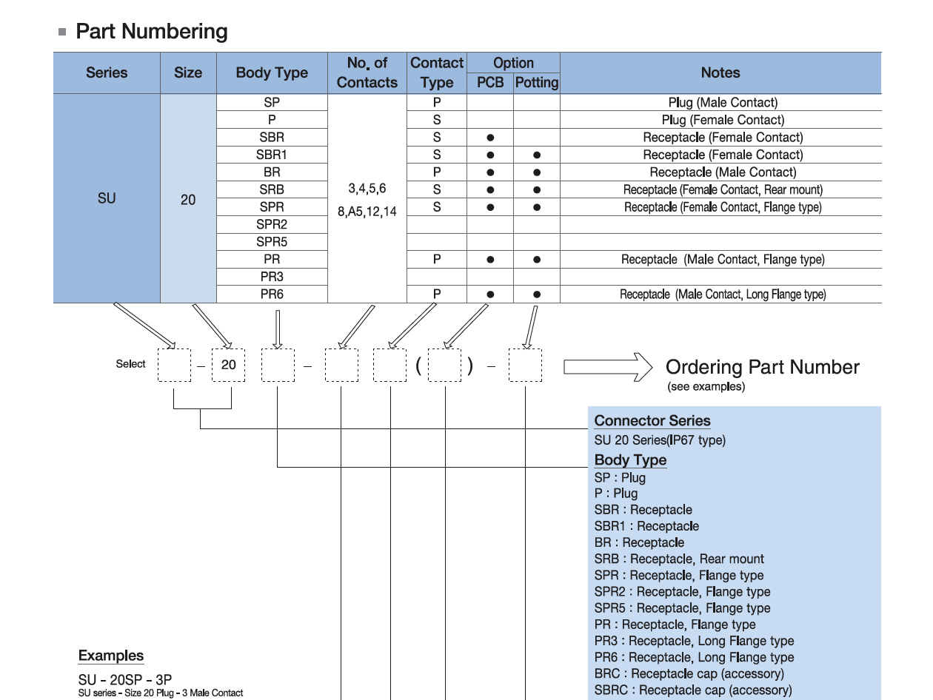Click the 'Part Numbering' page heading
tap(151, 32)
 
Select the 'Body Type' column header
tap(272, 73)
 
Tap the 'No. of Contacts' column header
tap(367, 73)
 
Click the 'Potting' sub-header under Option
tap(536, 83)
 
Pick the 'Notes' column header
tap(720, 73)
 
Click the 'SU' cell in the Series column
tap(107, 198)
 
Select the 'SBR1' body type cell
tap(272, 155)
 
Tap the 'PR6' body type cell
tap(272, 295)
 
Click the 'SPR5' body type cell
tap(272, 242)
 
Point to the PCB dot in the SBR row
tap(490, 138)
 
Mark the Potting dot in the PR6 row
tap(537, 295)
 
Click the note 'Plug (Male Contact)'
tap(723, 103)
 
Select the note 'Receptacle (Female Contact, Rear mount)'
tap(723, 189)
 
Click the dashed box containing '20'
tap(228, 365)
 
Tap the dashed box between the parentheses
tap(445, 366)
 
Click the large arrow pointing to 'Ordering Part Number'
tap(607, 367)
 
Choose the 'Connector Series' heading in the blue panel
tap(652, 421)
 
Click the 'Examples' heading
tap(111, 656)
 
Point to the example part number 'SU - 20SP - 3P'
tap(126, 679)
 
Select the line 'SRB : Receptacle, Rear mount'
tap(679, 559)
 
